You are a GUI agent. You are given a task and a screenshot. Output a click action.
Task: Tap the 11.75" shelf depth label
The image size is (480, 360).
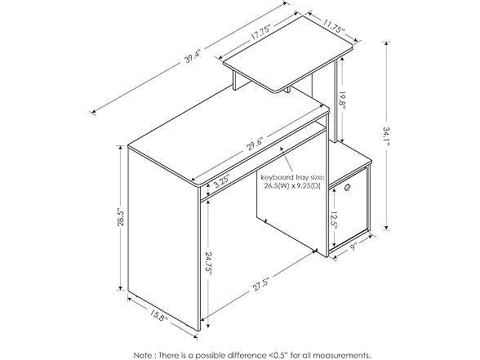pyautogui.click(x=333, y=26)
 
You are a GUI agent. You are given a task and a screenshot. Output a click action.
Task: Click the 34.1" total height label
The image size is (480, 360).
pyautogui.click(x=386, y=136)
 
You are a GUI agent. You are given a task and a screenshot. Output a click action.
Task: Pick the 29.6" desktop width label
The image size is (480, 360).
pyautogui.click(x=256, y=142)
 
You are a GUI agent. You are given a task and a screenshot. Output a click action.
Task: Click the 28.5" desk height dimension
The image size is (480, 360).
pyautogui.click(x=120, y=218)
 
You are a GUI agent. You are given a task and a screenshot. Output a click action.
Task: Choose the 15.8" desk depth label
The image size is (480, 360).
pyautogui.click(x=159, y=315)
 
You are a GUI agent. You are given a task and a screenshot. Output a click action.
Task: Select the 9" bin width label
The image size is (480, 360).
pyautogui.click(x=354, y=247)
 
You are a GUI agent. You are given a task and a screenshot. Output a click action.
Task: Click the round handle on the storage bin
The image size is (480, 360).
pyautogui.click(x=348, y=187)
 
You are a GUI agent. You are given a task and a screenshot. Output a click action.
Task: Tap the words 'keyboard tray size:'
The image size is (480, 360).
pyautogui.click(x=291, y=178)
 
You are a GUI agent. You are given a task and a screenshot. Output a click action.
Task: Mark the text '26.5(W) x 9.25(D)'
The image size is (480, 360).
pyautogui.click(x=291, y=186)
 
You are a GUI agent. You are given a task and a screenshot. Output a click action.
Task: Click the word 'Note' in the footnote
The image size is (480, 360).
pyautogui.click(x=143, y=355)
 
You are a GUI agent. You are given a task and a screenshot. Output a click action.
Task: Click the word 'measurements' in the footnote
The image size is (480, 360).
pyautogui.click(x=338, y=355)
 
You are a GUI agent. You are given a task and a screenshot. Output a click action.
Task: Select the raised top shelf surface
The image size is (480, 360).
pyautogui.click(x=288, y=52)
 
